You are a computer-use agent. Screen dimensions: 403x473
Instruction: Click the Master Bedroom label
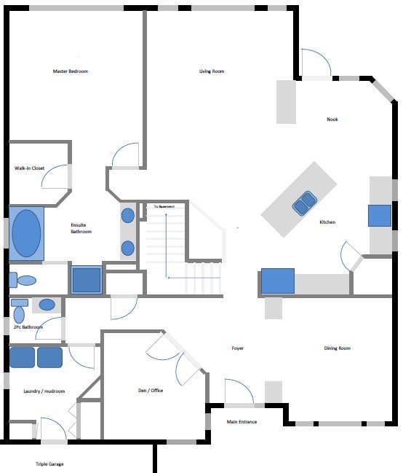[71, 71]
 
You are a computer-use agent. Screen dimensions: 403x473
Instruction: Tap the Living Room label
[212, 71]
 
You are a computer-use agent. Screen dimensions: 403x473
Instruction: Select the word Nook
[332, 119]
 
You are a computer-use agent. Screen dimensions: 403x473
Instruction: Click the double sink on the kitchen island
[304, 203]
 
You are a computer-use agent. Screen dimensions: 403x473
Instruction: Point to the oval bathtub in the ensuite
[26, 233]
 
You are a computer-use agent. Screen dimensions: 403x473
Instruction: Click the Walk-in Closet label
[30, 168]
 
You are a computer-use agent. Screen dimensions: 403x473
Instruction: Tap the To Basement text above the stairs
[164, 206]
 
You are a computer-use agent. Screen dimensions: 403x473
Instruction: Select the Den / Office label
[151, 391]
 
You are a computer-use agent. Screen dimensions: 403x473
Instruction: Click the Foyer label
[238, 348]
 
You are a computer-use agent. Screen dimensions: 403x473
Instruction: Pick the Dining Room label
[338, 348]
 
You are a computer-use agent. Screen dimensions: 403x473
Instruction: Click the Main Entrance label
[242, 422]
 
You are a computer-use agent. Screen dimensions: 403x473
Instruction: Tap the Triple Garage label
[49, 464]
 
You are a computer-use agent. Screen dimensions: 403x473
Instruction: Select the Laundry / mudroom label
[44, 391]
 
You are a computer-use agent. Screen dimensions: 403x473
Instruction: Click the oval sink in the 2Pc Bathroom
[47, 305]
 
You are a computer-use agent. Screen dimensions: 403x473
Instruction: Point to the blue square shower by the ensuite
[87, 281]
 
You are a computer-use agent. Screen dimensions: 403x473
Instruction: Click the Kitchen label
[327, 222]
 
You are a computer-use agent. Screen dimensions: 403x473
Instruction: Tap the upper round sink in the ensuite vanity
[128, 216]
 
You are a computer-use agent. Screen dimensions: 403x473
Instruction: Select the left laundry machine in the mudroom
[23, 357]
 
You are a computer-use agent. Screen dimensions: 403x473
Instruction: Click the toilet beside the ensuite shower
[23, 280]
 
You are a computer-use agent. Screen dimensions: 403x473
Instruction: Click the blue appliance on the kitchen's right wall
[380, 216]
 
